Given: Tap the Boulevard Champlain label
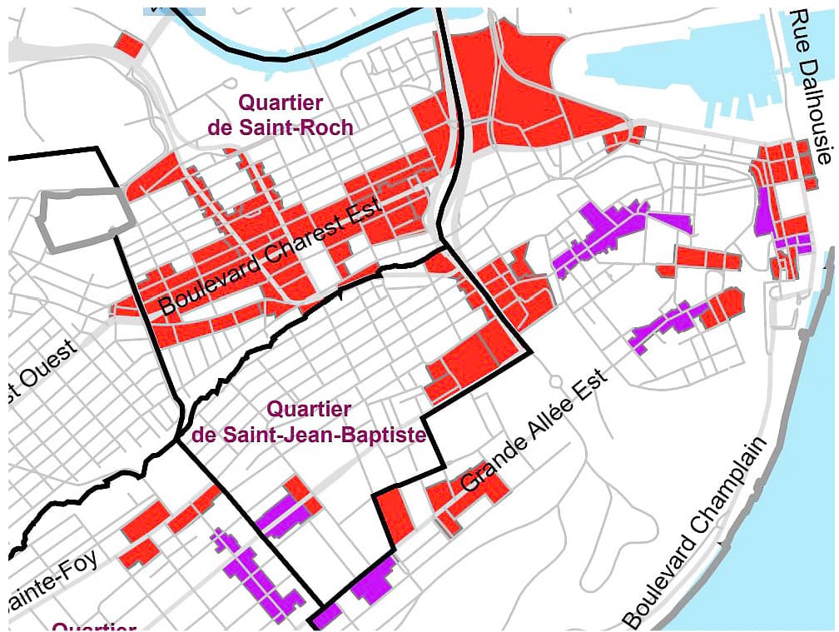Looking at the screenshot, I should click(693, 534).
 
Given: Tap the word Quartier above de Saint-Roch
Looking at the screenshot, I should click(280, 102).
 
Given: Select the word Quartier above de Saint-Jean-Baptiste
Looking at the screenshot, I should click(309, 410).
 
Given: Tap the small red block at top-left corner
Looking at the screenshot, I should click(129, 44).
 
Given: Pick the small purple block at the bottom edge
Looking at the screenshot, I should click(327, 617).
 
